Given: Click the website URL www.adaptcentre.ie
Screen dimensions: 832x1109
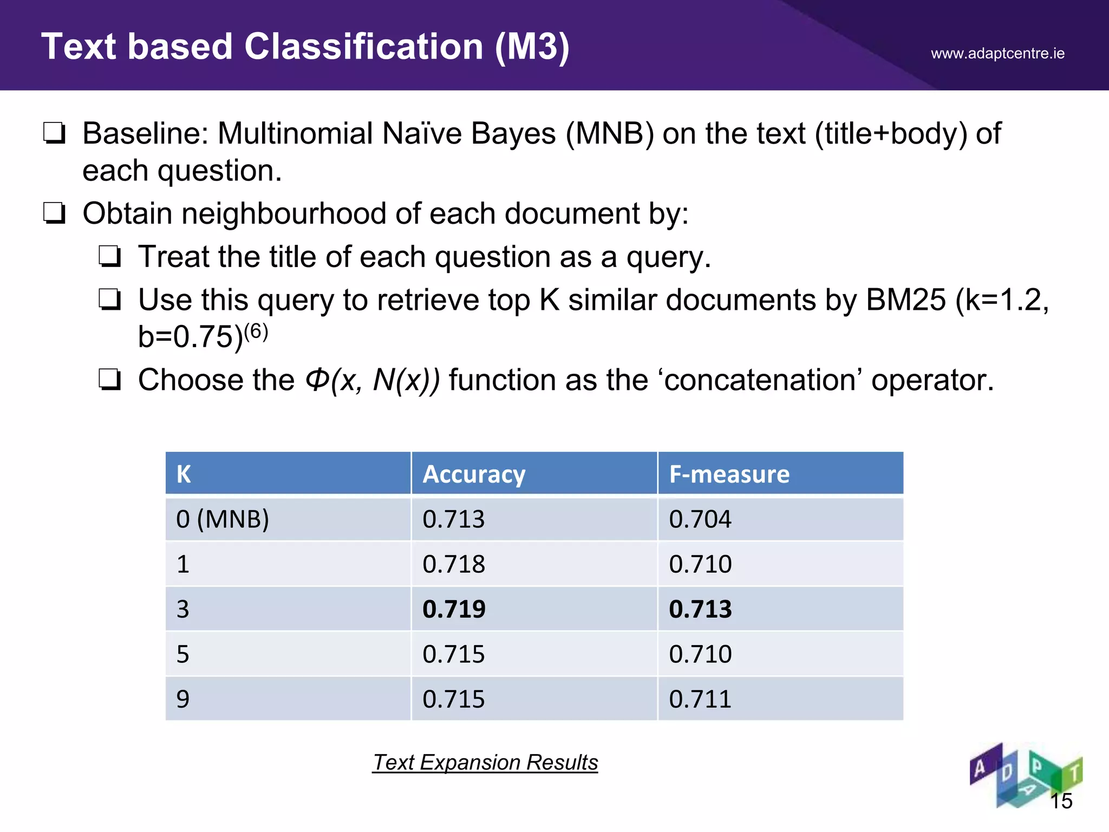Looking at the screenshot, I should click(x=997, y=54).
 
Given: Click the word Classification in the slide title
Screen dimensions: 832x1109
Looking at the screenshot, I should click(x=363, y=47).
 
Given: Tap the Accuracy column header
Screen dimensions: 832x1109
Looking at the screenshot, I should click(x=474, y=474).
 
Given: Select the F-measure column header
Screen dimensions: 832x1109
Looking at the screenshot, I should click(x=729, y=474).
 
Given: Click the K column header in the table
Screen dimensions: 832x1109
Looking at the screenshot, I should click(x=184, y=474).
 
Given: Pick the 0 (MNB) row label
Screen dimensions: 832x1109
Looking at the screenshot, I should click(x=223, y=519).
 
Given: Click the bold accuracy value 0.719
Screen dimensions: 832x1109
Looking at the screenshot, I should click(x=454, y=609).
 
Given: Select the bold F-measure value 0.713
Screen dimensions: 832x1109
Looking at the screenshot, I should click(x=700, y=609).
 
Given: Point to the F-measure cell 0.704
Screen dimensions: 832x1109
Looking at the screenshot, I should click(x=700, y=519).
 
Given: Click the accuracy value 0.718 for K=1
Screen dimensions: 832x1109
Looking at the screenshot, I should click(x=454, y=564).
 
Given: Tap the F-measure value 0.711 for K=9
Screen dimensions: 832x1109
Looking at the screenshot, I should click(x=700, y=699).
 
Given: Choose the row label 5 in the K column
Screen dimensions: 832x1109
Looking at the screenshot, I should click(x=183, y=654).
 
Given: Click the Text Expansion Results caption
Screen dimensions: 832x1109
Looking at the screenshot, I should click(x=485, y=762).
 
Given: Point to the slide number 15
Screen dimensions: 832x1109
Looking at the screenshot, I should click(x=1061, y=801).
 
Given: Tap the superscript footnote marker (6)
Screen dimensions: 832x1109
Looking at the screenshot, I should click(x=256, y=331).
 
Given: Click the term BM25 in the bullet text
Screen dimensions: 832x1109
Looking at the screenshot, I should click(x=905, y=300).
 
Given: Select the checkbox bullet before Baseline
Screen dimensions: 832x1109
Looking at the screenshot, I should click(x=55, y=133).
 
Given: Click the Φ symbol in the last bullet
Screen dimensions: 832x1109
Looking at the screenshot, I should click(x=317, y=379).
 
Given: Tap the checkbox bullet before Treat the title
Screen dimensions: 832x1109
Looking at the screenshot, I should click(x=110, y=256).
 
